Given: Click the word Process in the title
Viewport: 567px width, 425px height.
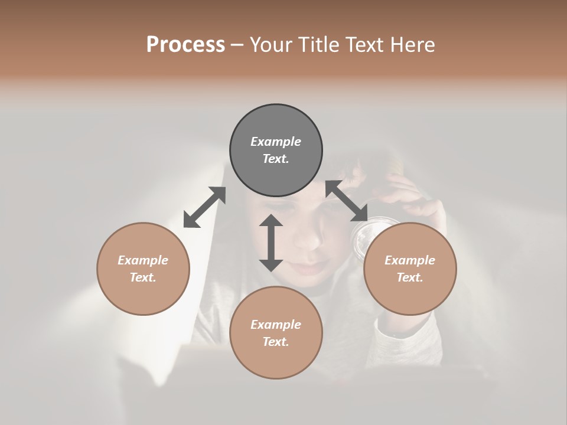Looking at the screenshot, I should tap(185, 44).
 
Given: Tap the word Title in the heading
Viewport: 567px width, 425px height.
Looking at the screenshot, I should tap(319, 44).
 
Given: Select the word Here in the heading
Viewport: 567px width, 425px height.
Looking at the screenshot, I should tap(412, 44).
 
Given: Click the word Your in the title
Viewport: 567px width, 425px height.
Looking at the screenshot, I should tap(272, 44).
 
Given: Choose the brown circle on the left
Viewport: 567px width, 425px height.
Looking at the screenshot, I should tap(143, 269).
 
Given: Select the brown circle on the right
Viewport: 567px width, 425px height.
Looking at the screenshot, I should tap(410, 269).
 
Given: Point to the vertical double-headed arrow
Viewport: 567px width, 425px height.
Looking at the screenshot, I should tap(271, 243).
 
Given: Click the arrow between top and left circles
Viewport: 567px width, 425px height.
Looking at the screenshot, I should tap(204, 207).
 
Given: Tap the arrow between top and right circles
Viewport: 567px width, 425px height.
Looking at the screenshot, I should tap(347, 201).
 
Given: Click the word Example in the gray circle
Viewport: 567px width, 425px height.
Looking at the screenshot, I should tap(276, 142).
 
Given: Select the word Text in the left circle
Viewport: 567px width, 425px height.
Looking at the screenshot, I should tap(142, 277).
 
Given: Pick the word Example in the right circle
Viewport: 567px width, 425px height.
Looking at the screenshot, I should tap(410, 260).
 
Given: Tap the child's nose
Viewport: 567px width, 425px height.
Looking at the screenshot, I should tap(308, 239).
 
